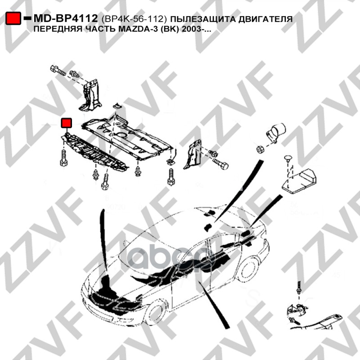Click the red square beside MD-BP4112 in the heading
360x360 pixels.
click(x=13, y=18)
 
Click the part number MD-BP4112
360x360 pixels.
click(x=66, y=18)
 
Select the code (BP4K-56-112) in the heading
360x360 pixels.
click(x=134, y=19)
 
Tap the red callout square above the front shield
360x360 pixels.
click(x=66, y=123)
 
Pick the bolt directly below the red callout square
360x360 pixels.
click(x=63, y=157)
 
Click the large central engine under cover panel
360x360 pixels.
click(x=127, y=137)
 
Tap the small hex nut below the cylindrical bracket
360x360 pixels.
click(x=260, y=149)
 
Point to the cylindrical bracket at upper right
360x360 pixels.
click(x=276, y=132)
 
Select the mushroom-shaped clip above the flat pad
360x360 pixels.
click(x=288, y=159)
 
